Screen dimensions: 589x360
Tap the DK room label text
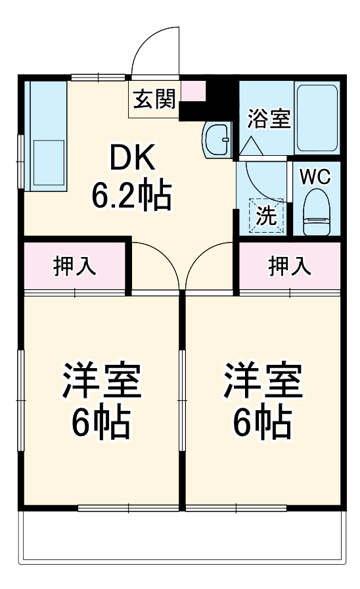click(131, 158)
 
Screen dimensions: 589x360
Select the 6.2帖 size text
click(131, 195)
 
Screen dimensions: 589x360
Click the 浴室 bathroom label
click(269, 120)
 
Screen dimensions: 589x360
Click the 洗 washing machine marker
click(266, 216)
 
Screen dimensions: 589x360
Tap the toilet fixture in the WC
click(317, 212)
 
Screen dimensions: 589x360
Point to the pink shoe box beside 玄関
click(192, 91)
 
